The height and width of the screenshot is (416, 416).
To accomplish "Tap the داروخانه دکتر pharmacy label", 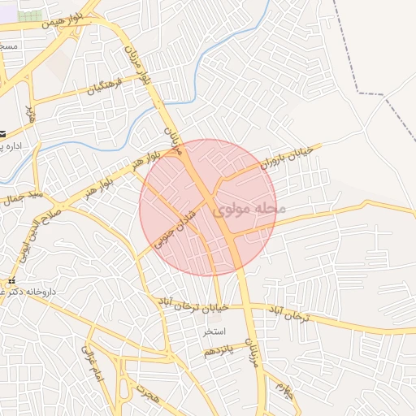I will click(x=32, y=290).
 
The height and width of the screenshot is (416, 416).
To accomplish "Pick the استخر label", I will click(x=214, y=332).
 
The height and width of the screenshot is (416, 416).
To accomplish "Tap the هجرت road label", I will click(x=149, y=398).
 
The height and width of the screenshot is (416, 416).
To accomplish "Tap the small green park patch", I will click(x=30, y=16).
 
